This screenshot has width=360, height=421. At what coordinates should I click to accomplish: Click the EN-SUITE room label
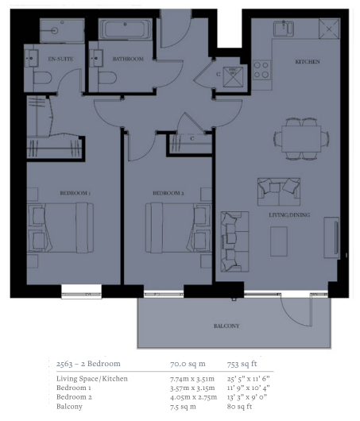[60, 59]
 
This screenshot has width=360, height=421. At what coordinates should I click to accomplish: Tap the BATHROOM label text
[128, 59]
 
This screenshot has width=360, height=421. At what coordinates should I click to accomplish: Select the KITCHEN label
[308, 62]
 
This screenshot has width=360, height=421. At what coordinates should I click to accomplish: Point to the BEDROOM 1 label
[75, 193]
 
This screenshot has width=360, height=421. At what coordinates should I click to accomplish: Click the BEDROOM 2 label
[168, 193]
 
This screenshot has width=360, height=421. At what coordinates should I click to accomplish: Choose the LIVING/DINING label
[289, 214]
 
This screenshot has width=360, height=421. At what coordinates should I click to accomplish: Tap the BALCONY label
[226, 326]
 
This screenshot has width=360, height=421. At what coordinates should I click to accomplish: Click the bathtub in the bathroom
[125, 29]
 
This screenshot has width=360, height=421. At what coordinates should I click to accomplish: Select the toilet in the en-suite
[42, 78]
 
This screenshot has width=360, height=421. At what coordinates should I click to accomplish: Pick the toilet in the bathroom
[107, 78]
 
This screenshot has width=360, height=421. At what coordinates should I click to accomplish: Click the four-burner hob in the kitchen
[261, 70]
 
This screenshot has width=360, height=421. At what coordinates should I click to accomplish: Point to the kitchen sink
[284, 29]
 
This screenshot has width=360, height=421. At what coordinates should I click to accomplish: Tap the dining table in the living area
[301, 139]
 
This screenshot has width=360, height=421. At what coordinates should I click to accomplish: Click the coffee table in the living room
[279, 241]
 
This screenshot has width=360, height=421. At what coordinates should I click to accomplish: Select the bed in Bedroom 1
[60, 228]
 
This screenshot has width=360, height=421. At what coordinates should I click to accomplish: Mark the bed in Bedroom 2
[179, 228]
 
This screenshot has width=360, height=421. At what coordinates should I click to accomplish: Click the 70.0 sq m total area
[188, 364]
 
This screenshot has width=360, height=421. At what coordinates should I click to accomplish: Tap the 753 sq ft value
[242, 364]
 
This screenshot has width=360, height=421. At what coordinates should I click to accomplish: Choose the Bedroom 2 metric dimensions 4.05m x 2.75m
[193, 397]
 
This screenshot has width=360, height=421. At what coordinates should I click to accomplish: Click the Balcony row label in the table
[69, 407]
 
